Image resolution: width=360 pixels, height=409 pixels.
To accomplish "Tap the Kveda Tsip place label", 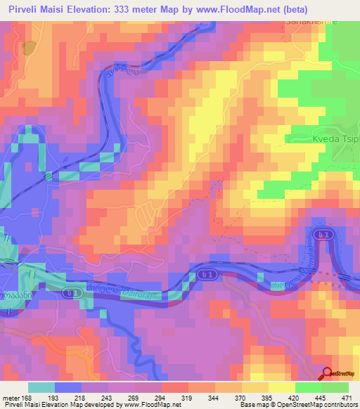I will coord(336,138).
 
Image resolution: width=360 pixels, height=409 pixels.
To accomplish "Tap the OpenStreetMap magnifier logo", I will coord(326,374).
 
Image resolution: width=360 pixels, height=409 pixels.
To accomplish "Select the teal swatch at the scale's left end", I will coord(41,387).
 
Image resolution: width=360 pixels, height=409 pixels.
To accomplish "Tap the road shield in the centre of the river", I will coord(205,273).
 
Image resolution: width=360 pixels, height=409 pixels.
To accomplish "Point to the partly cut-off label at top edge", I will coord(311,22).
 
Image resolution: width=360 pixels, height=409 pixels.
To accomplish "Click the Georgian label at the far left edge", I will coord(15,296).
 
